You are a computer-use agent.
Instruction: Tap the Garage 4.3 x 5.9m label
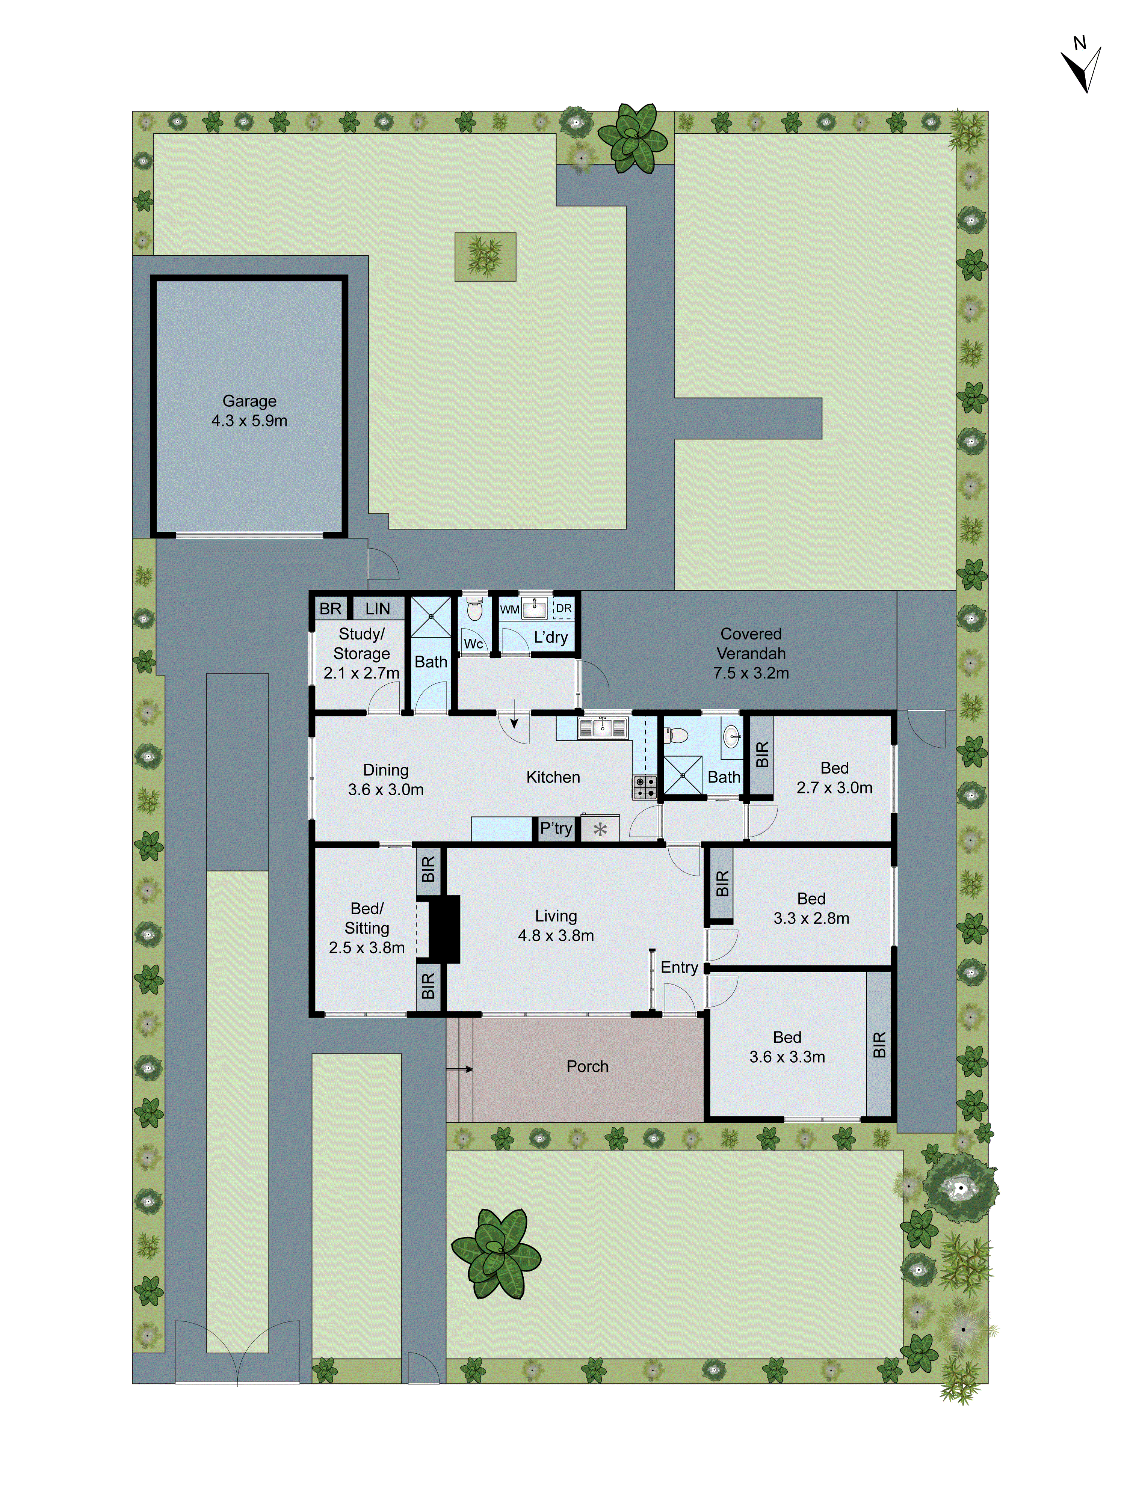click(249, 411)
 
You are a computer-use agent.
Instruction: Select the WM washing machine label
click(509, 609)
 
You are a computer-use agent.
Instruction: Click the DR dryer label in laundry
click(563, 608)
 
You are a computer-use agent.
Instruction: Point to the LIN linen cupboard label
click(378, 608)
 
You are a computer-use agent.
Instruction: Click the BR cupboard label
click(330, 608)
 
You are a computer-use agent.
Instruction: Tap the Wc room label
click(473, 644)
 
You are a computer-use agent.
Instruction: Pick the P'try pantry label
click(556, 828)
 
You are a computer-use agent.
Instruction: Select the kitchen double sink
click(602, 728)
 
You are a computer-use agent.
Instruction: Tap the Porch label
click(588, 1066)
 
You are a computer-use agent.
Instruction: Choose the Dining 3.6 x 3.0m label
click(386, 780)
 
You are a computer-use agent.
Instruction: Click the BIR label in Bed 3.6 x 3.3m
click(879, 1044)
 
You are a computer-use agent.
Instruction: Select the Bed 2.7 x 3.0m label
click(834, 778)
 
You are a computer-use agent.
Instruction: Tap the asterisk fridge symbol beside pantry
click(600, 829)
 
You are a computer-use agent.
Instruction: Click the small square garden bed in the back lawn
click(485, 257)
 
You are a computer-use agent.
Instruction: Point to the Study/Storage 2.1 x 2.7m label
click(361, 653)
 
